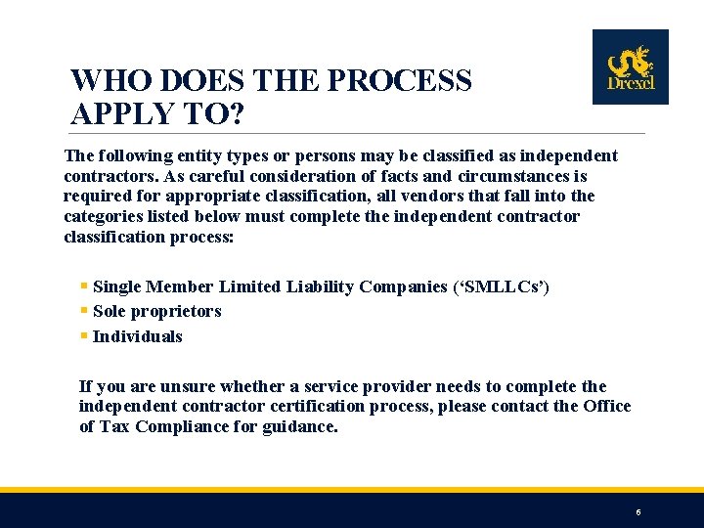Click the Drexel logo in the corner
[630, 66]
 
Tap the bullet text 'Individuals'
[137, 336]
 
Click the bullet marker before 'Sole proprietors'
[84, 311]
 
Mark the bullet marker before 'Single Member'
[84, 286]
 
